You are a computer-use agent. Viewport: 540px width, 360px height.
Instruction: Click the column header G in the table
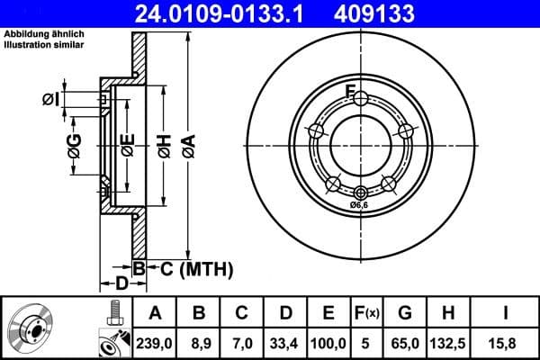pyautogui.click(x=405, y=312)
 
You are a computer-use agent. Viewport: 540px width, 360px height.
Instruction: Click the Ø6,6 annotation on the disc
pyautogui.click(x=361, y=206)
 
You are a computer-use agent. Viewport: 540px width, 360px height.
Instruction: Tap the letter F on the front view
pyautogui.click(x=352, y=88)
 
